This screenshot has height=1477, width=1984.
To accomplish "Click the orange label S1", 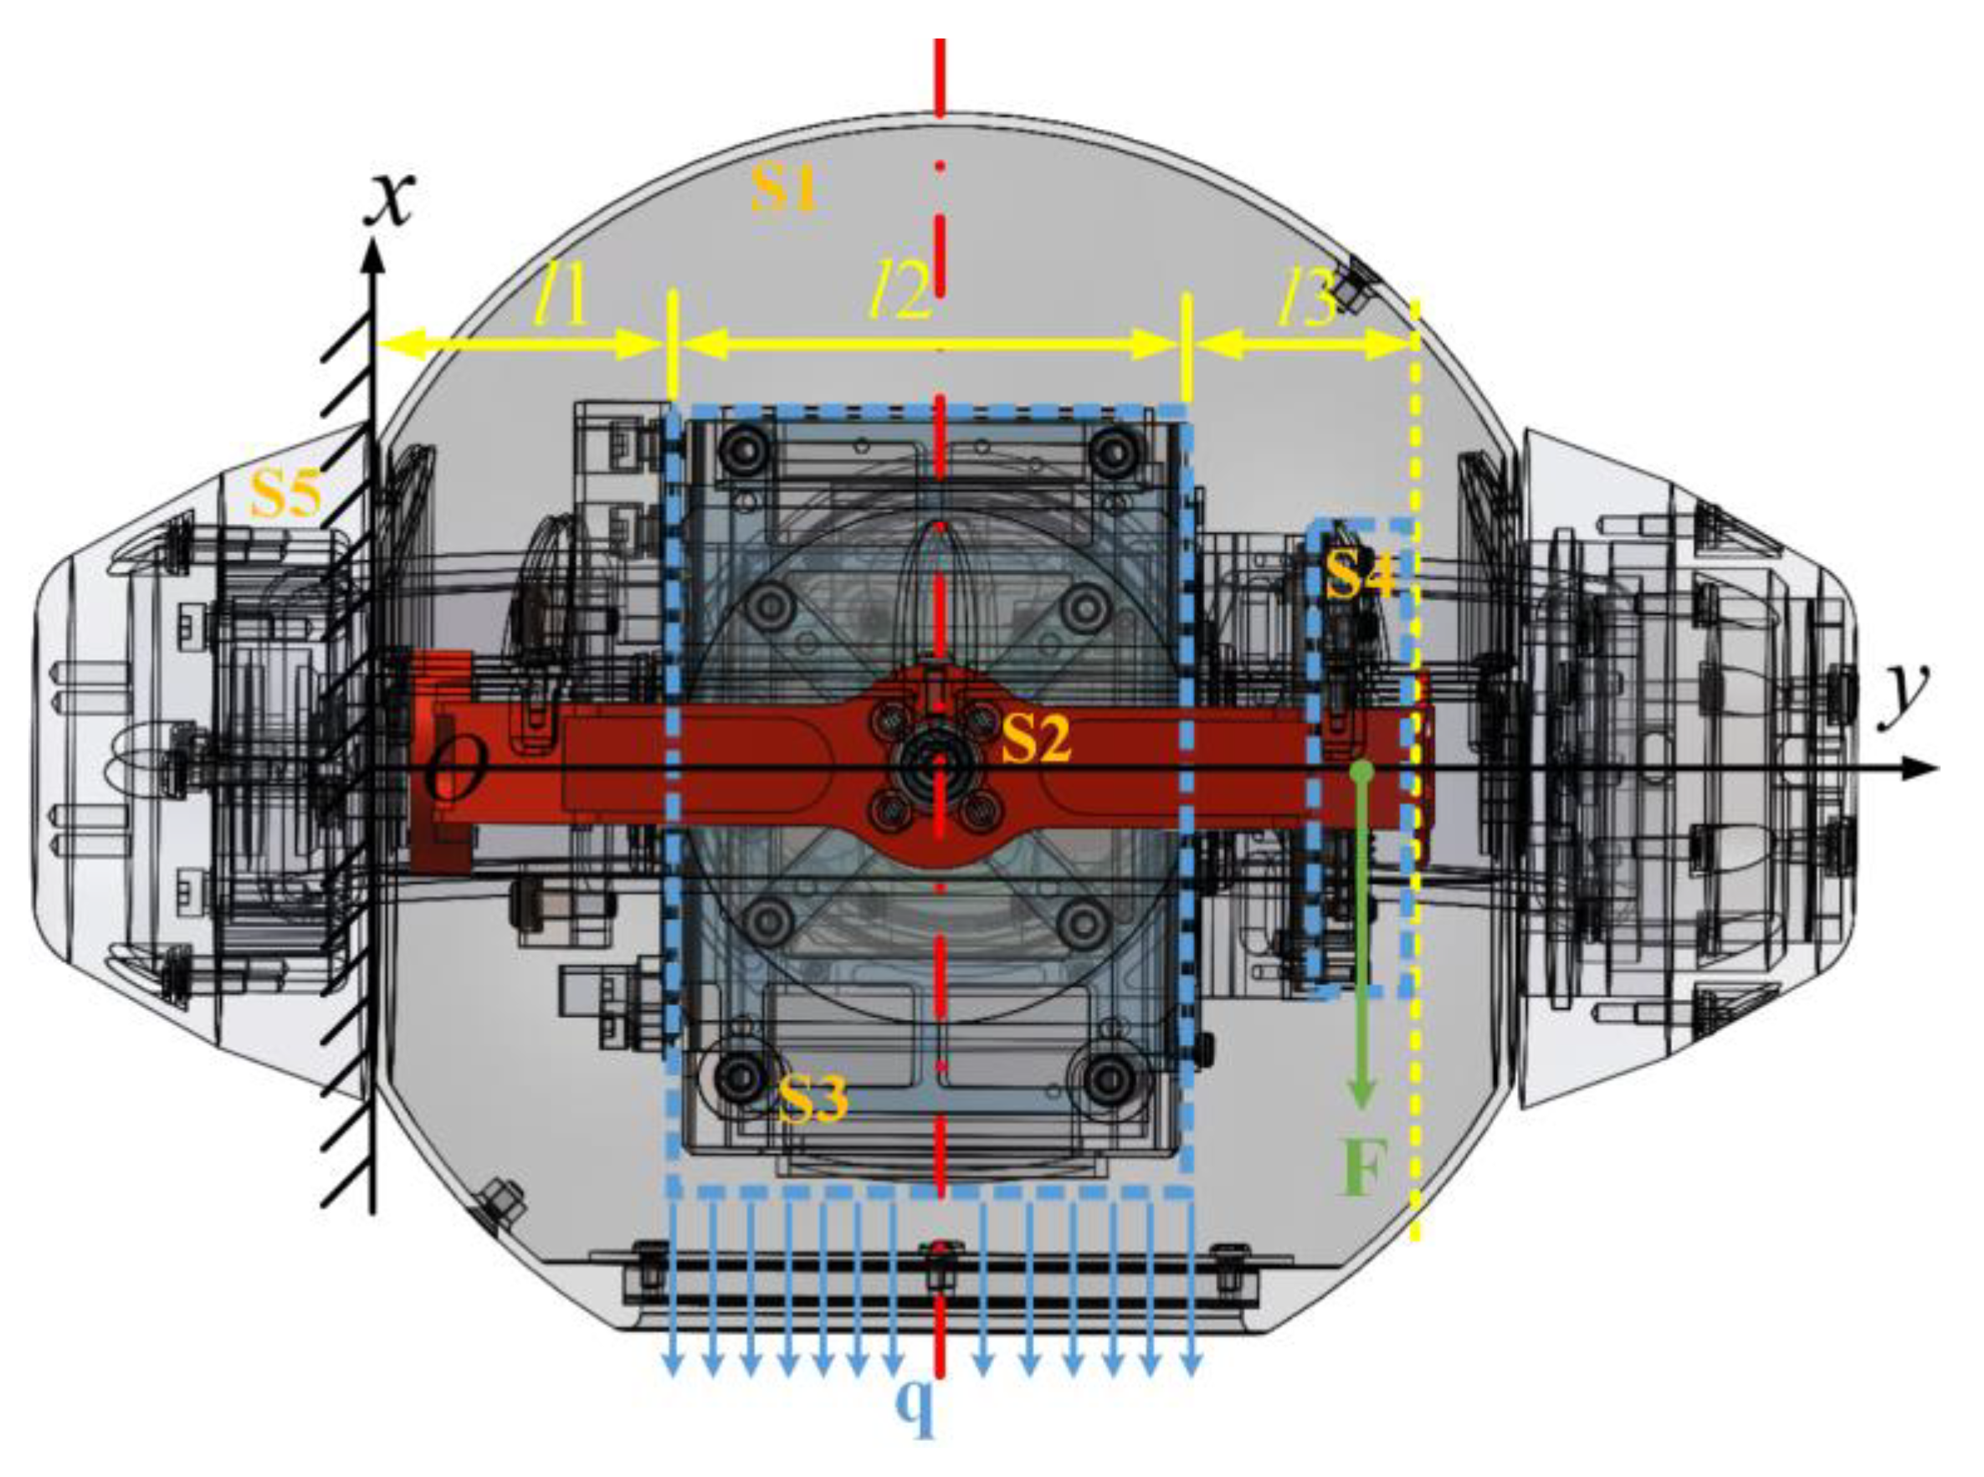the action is (784, 188).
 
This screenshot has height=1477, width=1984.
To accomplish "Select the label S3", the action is (812, 1098).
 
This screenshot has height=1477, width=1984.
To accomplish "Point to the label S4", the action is (1360, 574).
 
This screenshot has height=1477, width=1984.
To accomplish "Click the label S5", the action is (285, 493).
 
